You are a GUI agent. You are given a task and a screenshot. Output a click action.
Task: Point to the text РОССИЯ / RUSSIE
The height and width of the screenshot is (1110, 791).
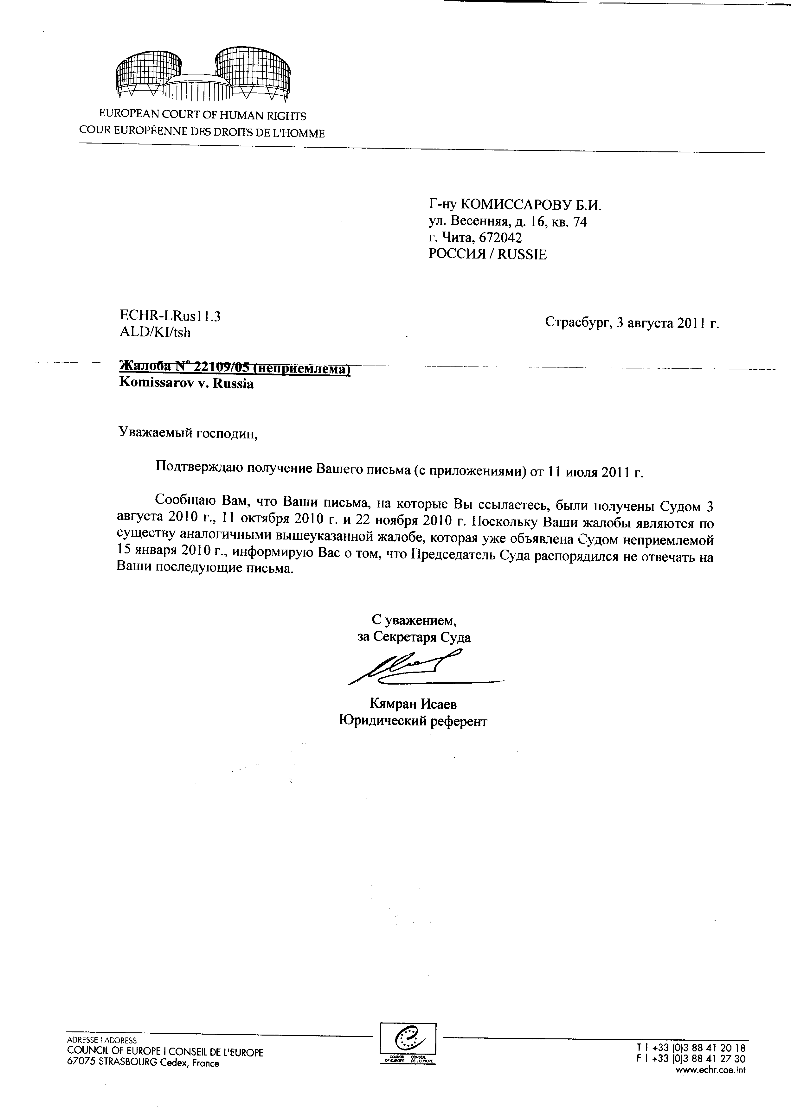487,254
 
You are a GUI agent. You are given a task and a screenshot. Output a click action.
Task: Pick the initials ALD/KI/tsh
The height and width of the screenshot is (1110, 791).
155,333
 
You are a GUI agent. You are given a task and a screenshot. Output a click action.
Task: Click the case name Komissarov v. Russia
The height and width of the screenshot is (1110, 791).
187,384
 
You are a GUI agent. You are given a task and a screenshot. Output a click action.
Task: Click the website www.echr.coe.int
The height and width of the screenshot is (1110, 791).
711,1069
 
